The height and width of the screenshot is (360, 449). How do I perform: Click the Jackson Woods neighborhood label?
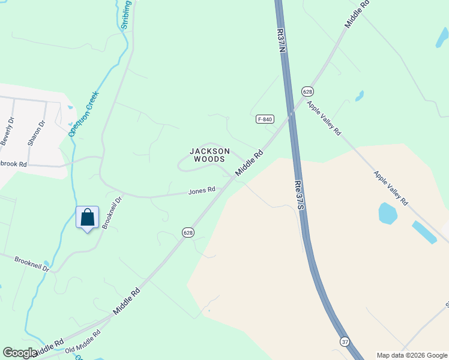[209, 155]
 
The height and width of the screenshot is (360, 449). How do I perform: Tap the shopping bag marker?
[88, 218]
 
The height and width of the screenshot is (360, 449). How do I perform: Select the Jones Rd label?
[202, 191]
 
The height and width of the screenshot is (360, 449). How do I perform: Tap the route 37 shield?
[345, 341]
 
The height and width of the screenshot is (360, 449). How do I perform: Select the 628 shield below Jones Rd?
[188, 232]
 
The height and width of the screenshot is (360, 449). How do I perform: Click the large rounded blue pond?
[387, 213]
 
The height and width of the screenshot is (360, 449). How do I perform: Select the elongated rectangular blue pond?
[424, 232]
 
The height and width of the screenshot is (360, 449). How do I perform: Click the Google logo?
[20, 353]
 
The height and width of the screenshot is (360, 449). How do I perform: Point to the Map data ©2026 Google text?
[412, 355]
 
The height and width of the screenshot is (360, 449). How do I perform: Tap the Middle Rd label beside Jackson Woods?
[249, 163]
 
